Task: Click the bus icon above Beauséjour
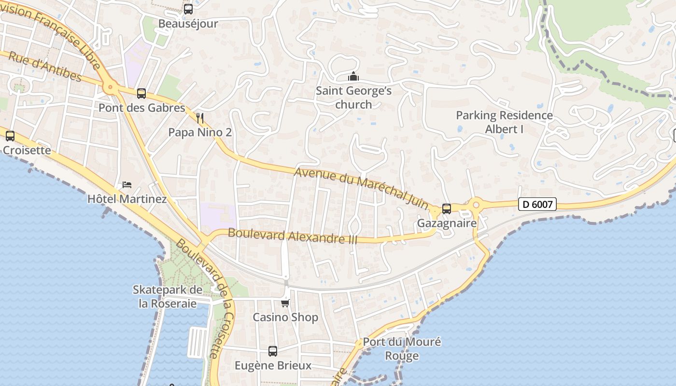coord(188,9)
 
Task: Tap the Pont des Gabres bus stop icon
coord(141,93)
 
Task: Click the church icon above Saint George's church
coord(353,77)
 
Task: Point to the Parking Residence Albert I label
coord(504,122)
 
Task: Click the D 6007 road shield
coord(537,205)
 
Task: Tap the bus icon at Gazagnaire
coord(447,209)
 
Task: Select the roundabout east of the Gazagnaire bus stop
coord(476,205)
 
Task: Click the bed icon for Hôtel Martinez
coord(127,185)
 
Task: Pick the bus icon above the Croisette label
coord(10,136)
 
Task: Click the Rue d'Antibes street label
coord(45,67)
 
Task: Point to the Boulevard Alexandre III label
coord(292,236)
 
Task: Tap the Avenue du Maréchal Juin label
coord(361,188)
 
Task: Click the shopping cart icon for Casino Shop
coord(285,303)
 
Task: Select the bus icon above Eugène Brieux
coord(273,351)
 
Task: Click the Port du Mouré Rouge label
coord(402,349)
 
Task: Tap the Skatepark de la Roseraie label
coord(167,297)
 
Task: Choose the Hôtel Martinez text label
coord(127,199)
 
